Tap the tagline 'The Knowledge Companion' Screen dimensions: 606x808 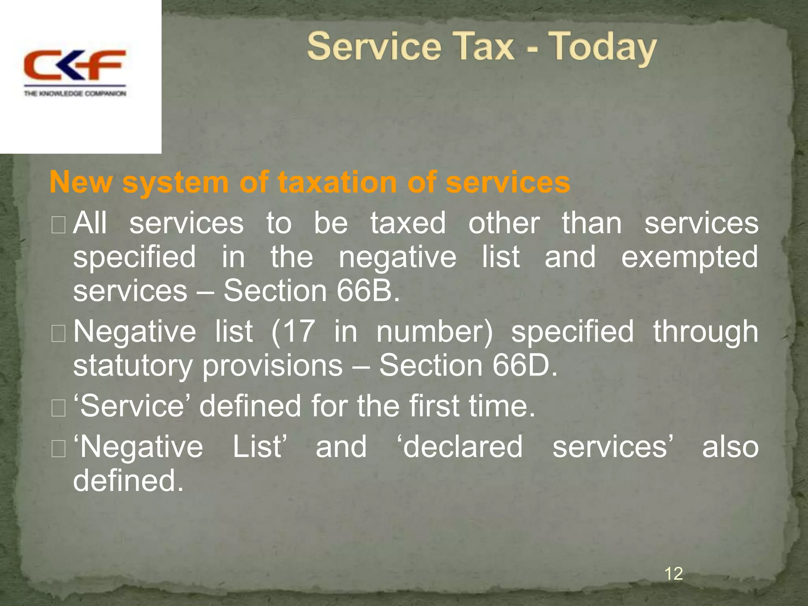[75, 94]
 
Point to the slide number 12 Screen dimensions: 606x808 [673, 573]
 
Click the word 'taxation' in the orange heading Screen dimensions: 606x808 [337, 182]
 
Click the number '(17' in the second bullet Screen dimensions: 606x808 [293, 331]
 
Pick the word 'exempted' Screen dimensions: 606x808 [689, 257]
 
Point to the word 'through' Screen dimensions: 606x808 [705, 332]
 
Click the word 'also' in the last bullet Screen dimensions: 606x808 [730, 447]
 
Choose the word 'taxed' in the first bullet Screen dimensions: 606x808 [408, 223]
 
